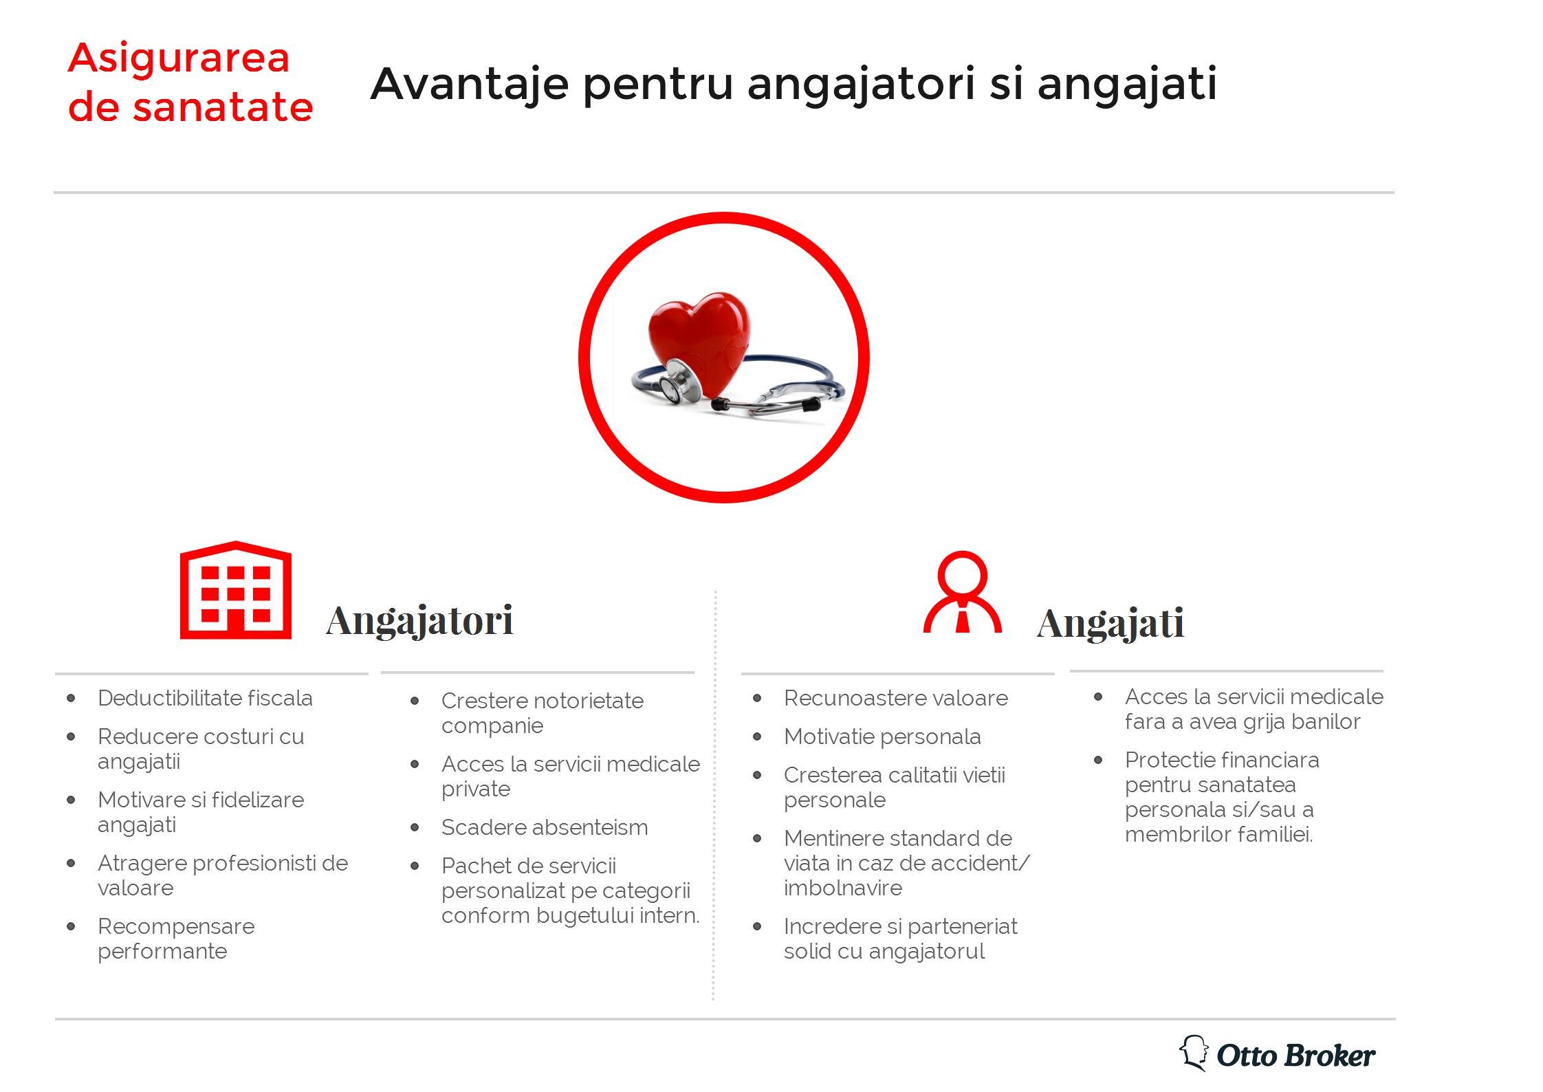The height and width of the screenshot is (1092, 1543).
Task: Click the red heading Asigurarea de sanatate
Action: pos(190,83)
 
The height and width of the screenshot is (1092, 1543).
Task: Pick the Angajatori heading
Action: pos(419,620)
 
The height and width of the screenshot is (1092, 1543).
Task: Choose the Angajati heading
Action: pos(1110,623)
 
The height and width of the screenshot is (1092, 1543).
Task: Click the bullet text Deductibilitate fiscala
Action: pos(205,698)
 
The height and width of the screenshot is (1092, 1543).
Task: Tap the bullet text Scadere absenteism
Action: pos(545,827)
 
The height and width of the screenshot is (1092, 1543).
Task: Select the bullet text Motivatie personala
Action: pos(882,737)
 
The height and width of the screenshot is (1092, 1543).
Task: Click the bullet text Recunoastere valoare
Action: pos(896,698)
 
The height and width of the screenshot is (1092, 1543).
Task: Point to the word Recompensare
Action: pos(176,927)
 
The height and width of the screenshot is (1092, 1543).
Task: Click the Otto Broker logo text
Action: pos(1296,1056)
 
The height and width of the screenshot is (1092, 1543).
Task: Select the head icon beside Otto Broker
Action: pos(1194,1053)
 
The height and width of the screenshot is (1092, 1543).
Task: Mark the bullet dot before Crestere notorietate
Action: pos(415,701)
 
